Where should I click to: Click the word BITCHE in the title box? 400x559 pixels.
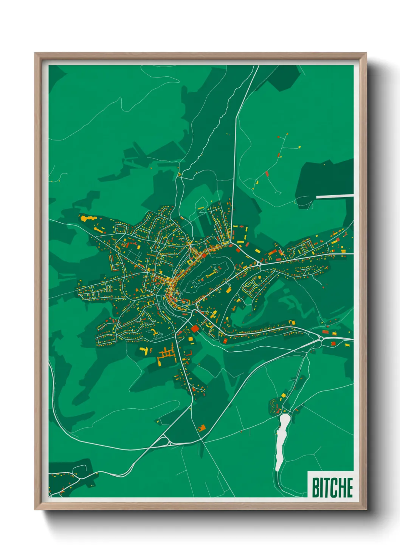coord(332,487)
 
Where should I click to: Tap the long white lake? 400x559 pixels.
coord(281,440)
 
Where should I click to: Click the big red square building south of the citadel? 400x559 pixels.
coord(195,328)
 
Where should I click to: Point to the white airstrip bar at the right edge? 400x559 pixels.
coord(335,196)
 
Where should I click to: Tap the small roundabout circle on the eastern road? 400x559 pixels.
coord(321,339)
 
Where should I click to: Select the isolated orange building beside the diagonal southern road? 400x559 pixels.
coord(202,428)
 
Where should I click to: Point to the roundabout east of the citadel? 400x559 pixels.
coord(259,263)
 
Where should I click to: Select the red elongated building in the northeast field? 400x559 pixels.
coord(267,174)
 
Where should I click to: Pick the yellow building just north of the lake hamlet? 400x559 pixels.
coord(283,395)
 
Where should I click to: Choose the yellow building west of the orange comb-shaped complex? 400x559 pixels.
coord(144,350)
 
